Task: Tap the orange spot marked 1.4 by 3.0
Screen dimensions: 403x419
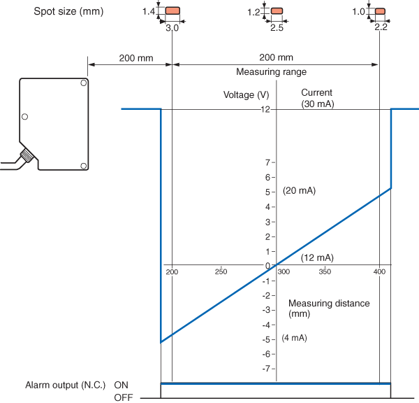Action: coord(172,11)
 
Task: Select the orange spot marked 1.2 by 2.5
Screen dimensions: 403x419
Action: coord(277,11)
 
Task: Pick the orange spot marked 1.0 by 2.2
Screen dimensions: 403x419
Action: coord(380,11)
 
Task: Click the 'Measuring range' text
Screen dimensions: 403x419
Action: coord(271,71)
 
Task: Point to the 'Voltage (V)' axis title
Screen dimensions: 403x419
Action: coord(247,94)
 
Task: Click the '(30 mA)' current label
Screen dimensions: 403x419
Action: coord(317,104)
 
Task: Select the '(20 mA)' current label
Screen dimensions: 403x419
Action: coord(300,190)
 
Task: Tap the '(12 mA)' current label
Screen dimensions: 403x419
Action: coord(317,257)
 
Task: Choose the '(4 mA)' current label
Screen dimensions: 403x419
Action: coord(294,338)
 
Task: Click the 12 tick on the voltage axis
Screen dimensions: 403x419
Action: coord(265,109)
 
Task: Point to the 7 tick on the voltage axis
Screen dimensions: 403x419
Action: coord(267,162)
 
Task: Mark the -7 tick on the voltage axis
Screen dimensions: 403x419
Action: coord(266,369)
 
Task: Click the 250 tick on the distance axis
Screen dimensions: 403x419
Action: coord(221,271)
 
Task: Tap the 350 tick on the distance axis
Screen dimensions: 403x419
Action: coord(325,271)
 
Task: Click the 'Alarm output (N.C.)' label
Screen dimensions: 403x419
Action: coord(65,385)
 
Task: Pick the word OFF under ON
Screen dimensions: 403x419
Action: coord(123,397)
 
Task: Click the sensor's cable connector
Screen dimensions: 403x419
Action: coord(27,156)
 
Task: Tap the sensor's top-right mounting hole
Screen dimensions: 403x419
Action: coord(83,84)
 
